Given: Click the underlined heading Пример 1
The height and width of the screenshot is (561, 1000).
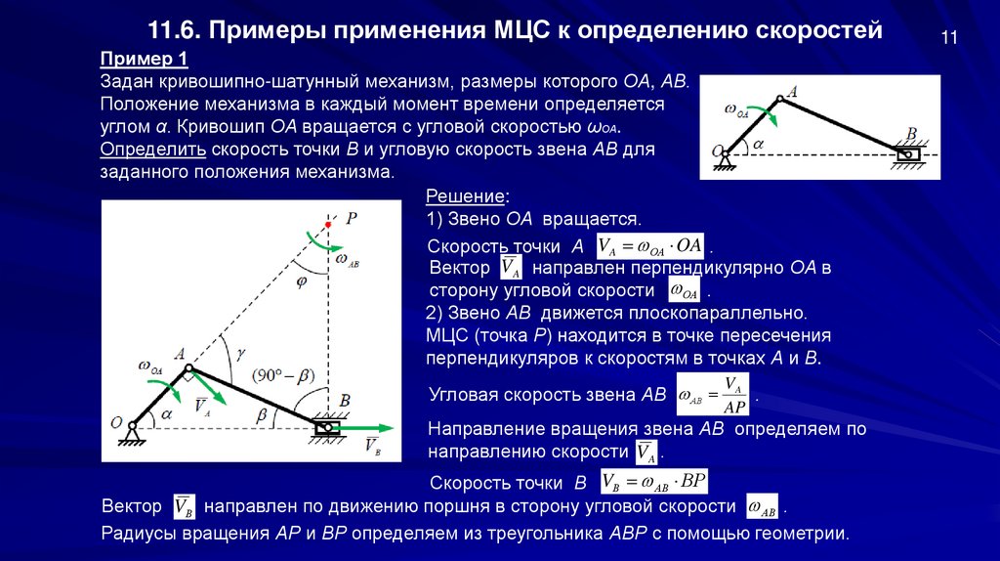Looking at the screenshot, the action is click(x=138, y=57).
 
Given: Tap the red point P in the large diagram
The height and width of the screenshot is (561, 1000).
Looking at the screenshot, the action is click(x=328, y=225).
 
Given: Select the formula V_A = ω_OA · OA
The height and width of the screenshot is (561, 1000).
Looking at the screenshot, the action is click(x=650, y=246).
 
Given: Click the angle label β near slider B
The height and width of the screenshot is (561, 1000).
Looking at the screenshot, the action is click(x=261, y=414).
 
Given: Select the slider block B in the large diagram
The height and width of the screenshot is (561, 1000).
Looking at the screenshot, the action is click(x=325, y=427).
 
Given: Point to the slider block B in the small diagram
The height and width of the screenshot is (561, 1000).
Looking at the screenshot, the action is click(x=907, y=153).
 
